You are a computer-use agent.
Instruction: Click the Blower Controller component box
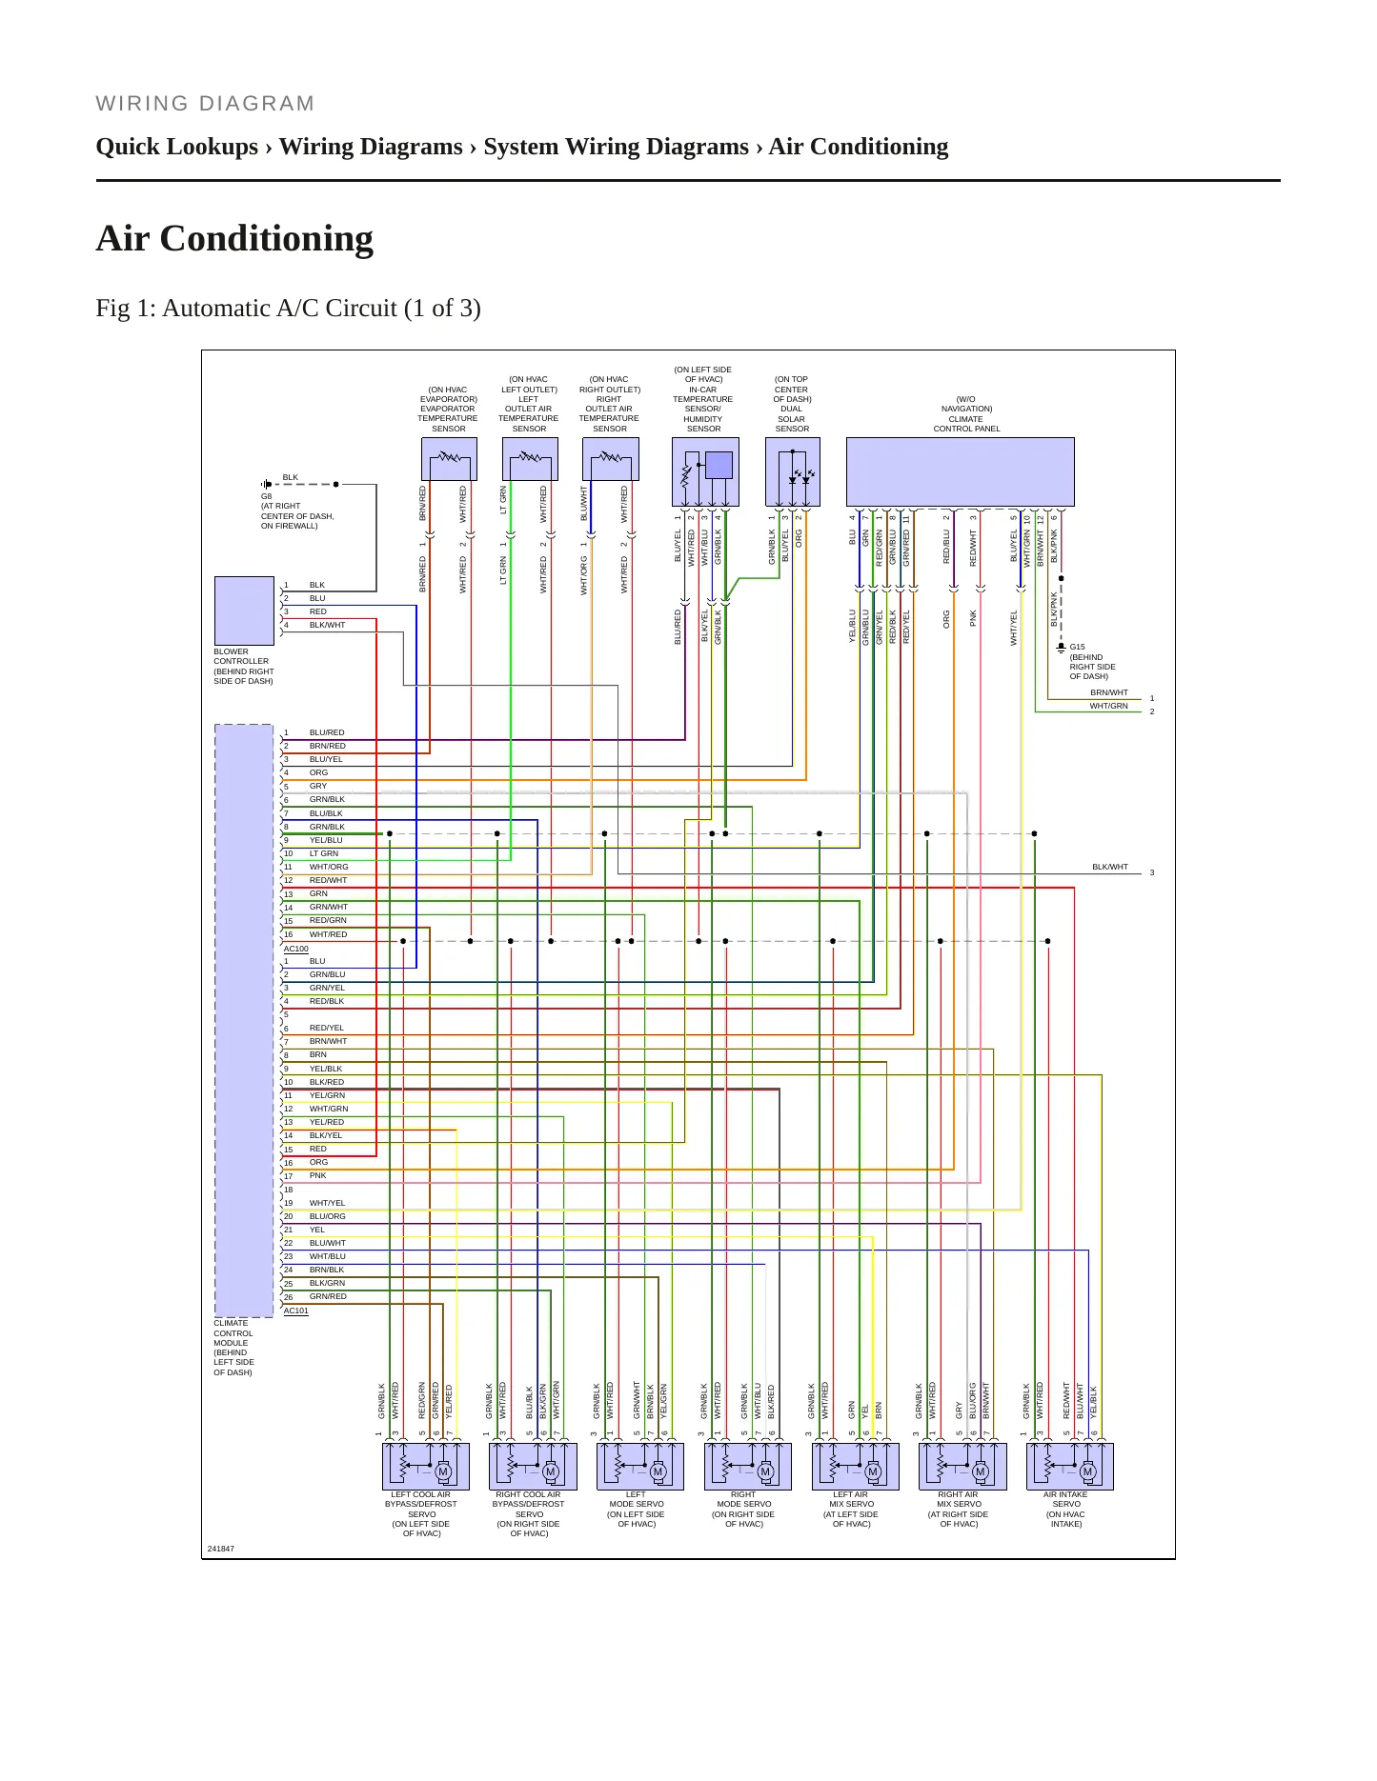(x=244, y=610)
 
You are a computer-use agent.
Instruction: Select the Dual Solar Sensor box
(x=792, y=471)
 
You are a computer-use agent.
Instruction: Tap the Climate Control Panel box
(x=960, y=471)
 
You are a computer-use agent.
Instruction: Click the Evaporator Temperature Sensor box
(x=449, y=459)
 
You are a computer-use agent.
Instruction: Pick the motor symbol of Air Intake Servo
(x=1087, y=1471)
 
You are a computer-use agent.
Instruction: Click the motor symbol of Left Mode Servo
(x=658, y=1471)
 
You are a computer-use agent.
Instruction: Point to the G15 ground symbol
(x=1061, y=648)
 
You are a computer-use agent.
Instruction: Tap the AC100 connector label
(x=296, y=949)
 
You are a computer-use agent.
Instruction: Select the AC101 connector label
(x=296, y=1311)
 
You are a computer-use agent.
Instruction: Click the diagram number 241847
(x=221, y=1549)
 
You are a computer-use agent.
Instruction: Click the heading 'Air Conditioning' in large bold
(x=234, y=238)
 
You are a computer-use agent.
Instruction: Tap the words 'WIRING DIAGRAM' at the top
(x=205, y=104)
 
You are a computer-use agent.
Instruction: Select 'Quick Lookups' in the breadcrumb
(x=177, y=147)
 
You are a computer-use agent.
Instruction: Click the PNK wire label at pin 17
(x=318, y=1175)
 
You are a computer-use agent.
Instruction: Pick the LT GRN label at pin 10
(x=324, y=853)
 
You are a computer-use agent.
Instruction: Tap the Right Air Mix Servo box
(x=962, y=1467)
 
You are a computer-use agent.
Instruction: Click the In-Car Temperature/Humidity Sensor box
(x=705, y=471)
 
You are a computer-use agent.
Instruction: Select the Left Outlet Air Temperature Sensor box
(x=530, y=459)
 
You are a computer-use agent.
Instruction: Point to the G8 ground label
(x=267, y=496)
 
